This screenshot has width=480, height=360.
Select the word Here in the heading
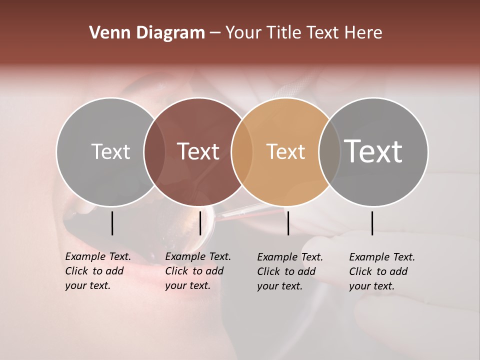pos(363,33)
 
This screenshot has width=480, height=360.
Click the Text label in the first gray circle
pos(110,151)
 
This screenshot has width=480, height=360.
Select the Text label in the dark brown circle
pos(198,151)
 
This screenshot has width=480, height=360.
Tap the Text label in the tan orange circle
pos(285,151)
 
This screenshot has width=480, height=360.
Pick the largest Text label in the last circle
pos(373,151)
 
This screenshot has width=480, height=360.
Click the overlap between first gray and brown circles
pos(154,152)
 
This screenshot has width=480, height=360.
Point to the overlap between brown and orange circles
pos(242,152)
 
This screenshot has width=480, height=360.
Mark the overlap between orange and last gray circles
pos(329,152)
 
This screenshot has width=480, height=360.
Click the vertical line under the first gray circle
pos(112,223)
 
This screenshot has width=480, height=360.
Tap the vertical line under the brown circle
pos(200,223)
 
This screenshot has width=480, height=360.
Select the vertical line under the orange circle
pos(288,223)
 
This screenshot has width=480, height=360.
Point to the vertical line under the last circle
pos(372,223)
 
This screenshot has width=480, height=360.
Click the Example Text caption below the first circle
pos(98,271)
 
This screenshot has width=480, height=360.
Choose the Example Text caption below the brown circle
pos(198,271)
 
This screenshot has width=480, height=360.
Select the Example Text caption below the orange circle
pos(290,271)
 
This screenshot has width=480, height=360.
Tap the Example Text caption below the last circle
pos(382,271)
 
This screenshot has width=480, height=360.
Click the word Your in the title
pos(243,33)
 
